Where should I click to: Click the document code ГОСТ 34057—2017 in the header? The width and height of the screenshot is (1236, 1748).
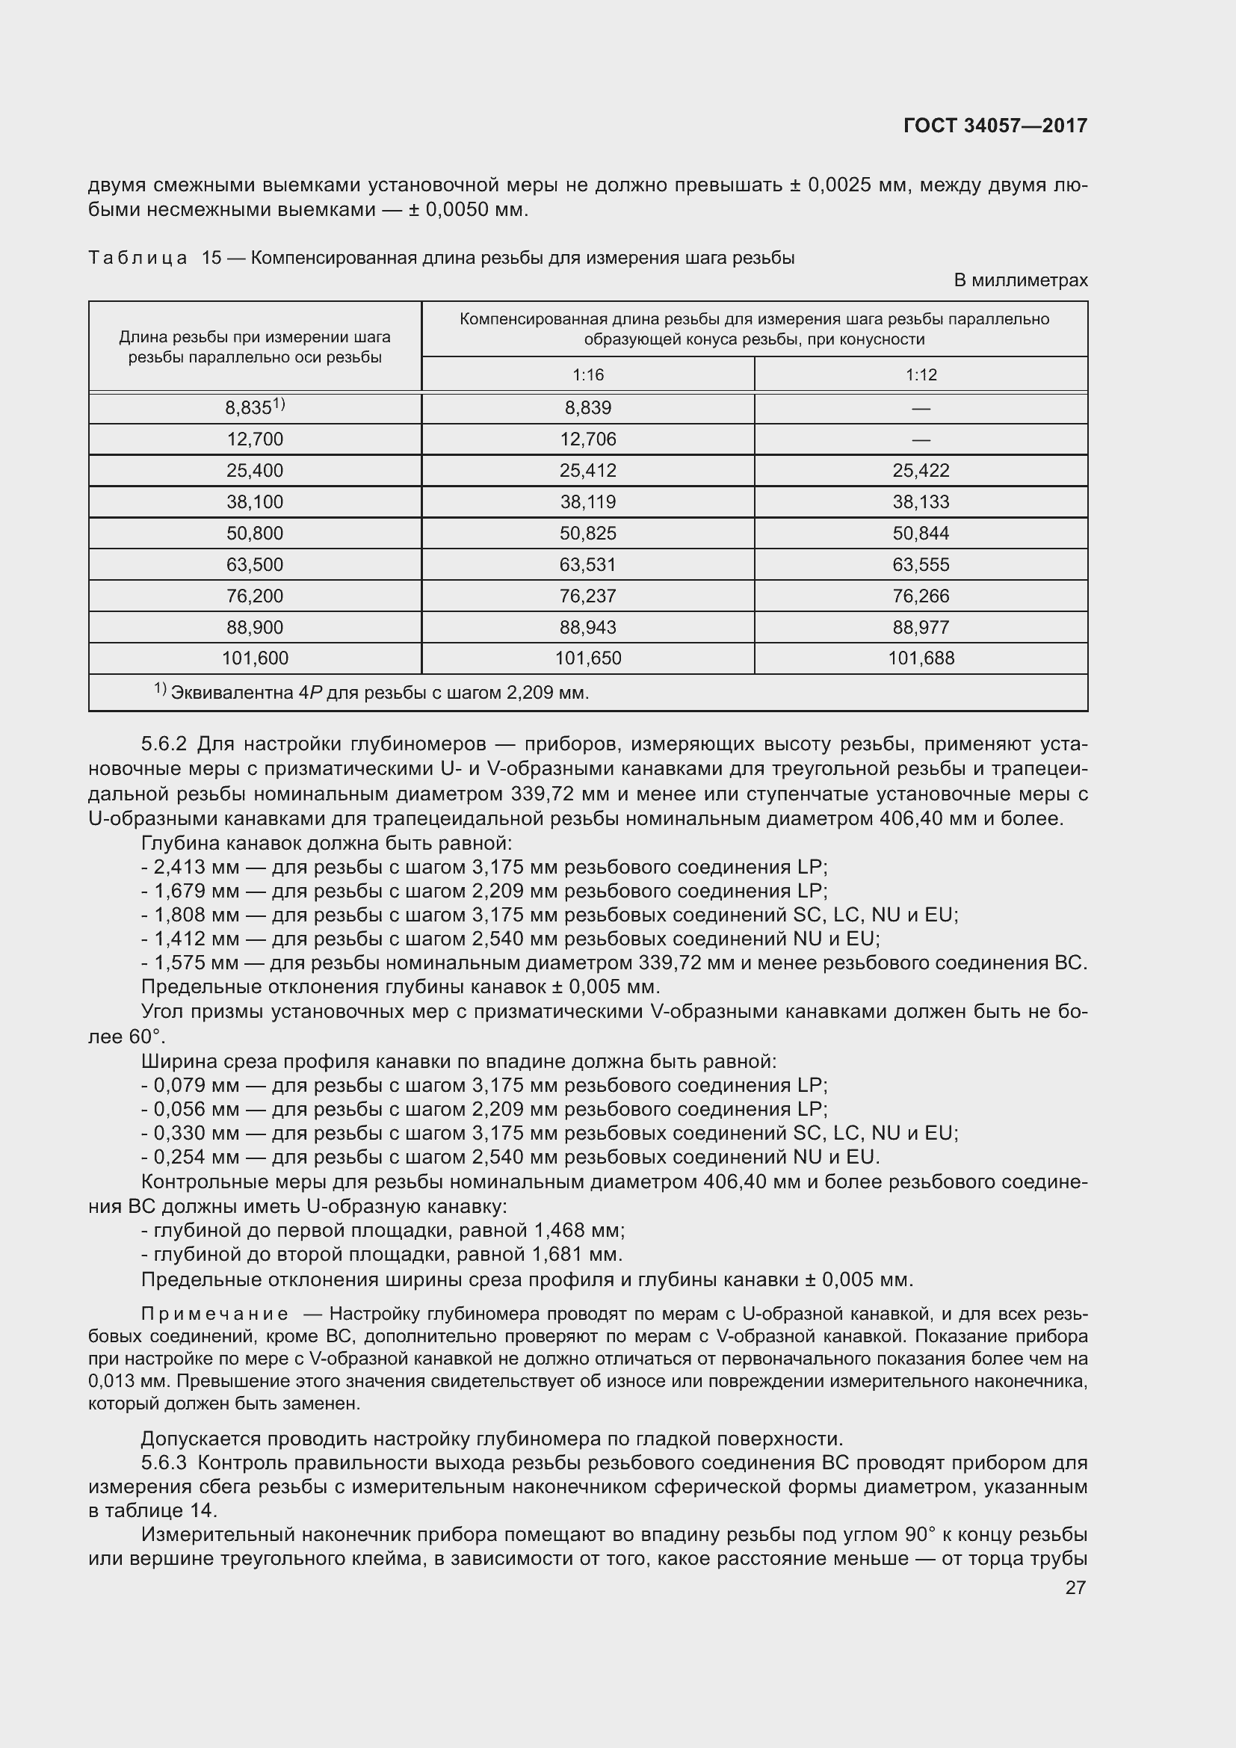coord(995,126)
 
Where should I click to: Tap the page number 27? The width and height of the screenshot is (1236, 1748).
coord(1075,1587)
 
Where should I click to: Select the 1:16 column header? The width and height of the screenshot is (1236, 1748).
coord(587,374)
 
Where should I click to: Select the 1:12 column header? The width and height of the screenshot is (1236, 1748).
coord(921,374)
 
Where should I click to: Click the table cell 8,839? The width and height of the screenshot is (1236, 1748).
coord(587,408)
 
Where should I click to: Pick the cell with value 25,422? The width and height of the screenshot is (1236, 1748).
coord(921,471)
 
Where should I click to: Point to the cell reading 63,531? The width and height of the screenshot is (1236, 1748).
coord(587,565)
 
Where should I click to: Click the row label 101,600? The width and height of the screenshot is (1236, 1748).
coord(255,658)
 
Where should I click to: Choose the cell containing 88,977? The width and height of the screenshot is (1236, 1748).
coord(921,627)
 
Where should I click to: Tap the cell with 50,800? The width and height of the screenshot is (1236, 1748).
coord(255,534)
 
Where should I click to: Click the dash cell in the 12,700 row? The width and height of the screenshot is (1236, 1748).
coord(921,439)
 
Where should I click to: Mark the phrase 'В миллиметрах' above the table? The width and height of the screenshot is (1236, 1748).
coord(1021,280)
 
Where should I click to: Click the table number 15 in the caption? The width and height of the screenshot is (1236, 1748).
coord(211,258)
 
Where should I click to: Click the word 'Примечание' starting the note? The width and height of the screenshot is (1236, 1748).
coord(214,1314)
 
